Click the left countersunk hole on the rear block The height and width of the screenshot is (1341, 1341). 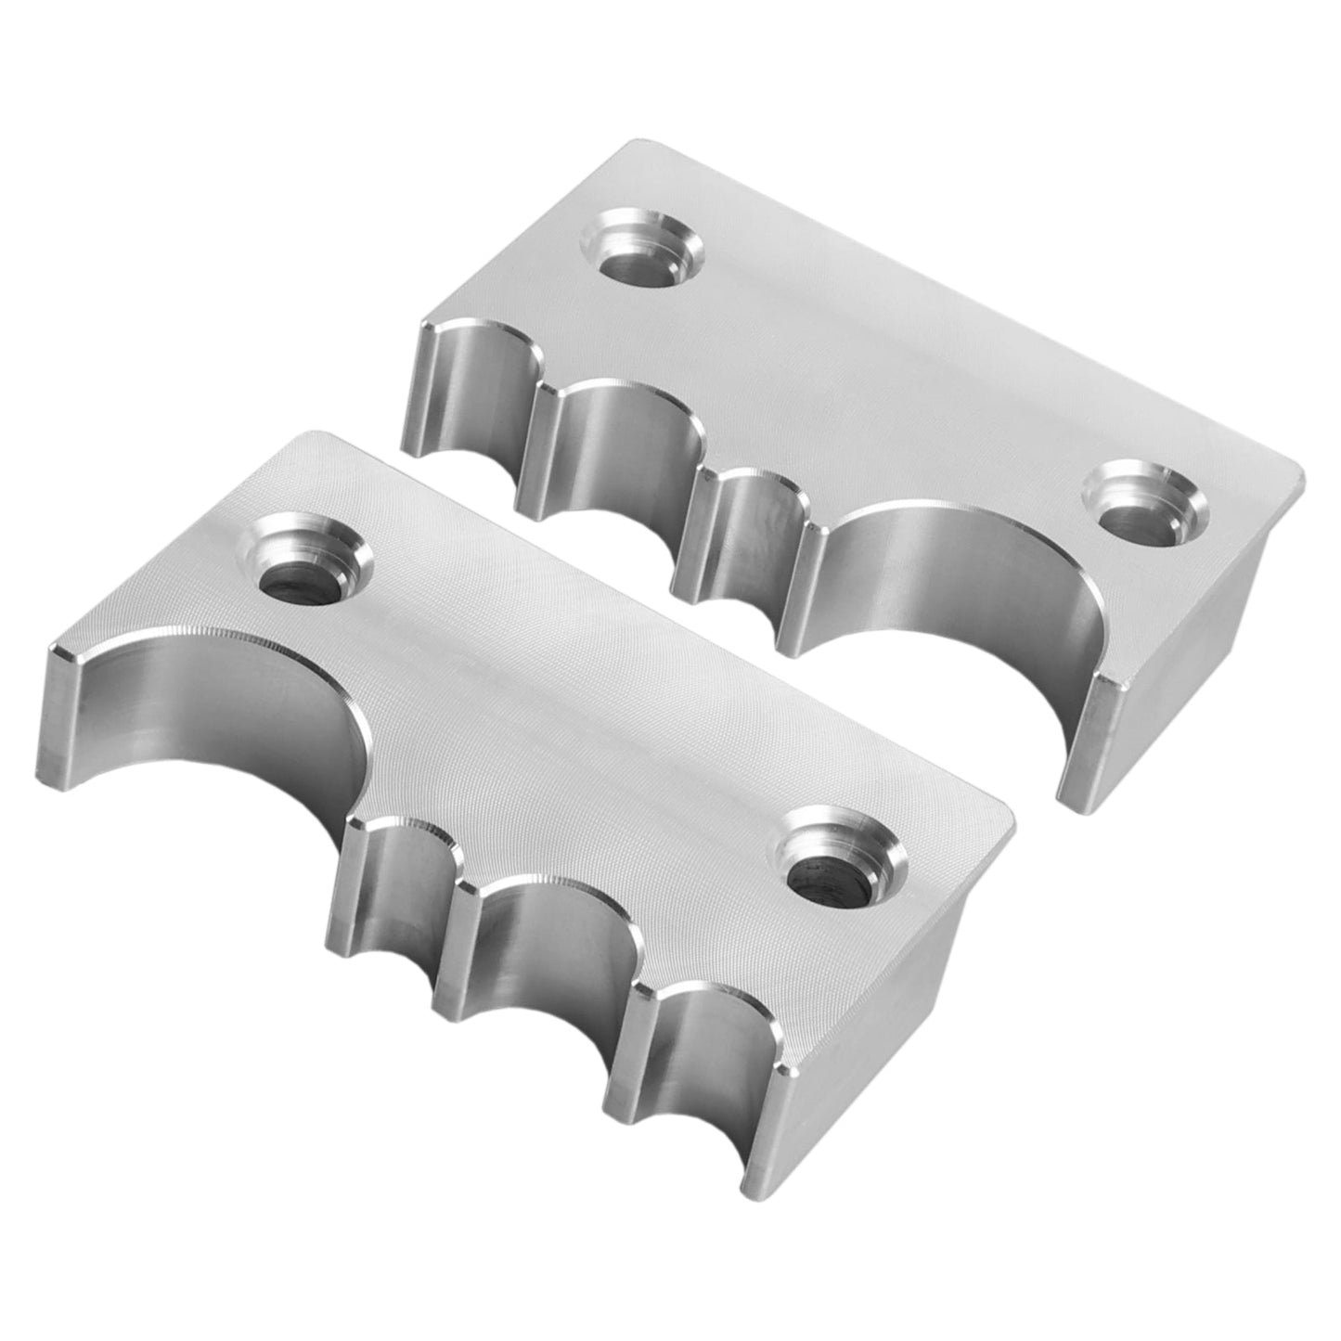pyautogui.click(x=640, y=249)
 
